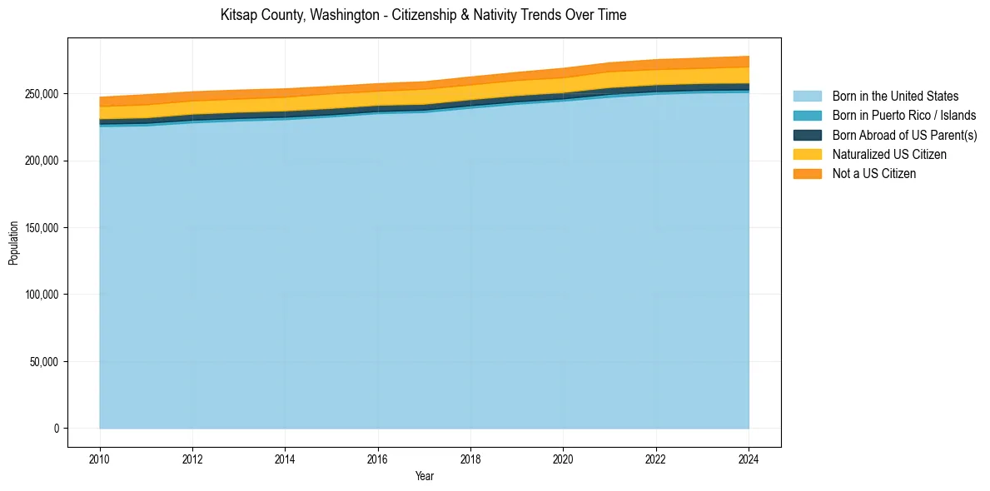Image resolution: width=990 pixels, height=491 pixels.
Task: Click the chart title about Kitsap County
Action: click(x=423, y=15)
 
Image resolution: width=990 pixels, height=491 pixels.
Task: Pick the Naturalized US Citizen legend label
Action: click(x=889, y=154)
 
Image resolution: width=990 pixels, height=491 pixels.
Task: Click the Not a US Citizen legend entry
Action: click(x=873, y=173)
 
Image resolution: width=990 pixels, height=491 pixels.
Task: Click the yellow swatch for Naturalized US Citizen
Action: click(x=807, y=154)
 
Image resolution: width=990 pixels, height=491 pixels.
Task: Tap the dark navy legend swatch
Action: click(x=807, y=135)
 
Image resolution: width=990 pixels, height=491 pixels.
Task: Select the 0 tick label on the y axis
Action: click(x=57, y=429)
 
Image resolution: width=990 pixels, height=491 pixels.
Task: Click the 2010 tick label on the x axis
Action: click(x=100, y=459)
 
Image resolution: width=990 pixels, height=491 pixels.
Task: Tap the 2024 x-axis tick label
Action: click(x=749, y=459)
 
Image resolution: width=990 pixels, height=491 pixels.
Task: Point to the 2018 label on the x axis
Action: click(x=470, y=459)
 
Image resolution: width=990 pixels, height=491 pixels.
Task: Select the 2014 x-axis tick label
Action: click(x=285, y=459)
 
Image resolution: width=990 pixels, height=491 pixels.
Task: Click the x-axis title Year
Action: click(x=424, y=476)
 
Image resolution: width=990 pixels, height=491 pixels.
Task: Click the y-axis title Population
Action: click(x=13, y=243)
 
